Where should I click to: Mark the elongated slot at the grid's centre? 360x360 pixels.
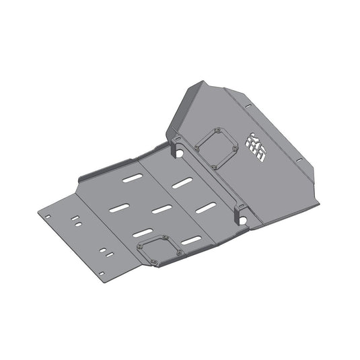tap(162, 209)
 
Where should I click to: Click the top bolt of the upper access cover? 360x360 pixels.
tap(219, 129)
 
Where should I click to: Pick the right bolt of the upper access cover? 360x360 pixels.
tap(235, 147)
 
